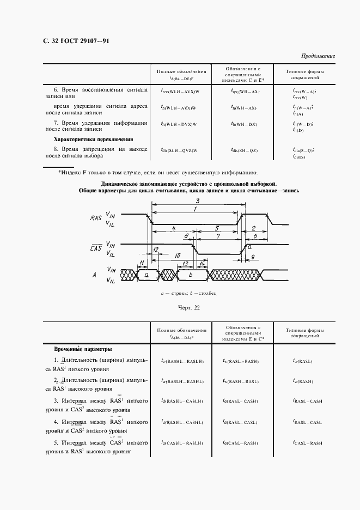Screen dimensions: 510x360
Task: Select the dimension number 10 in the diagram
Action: coord(177,256)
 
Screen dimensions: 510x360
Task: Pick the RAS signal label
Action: coord(96,218)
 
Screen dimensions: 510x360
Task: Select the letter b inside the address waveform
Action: coord(190,276)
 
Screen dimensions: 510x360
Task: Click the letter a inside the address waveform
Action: coord(147,276)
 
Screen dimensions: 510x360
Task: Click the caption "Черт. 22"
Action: coord(189,308)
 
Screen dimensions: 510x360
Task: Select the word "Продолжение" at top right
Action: coord(318,56)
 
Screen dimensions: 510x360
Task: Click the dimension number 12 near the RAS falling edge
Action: coord(156,250)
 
